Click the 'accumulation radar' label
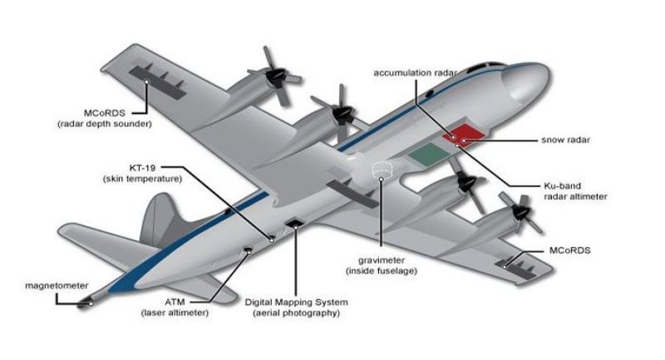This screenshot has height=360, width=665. (x=415, y=72)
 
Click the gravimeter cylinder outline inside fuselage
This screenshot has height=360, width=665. (x=381, y=169)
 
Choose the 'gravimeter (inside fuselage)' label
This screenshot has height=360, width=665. (x=381, y=266)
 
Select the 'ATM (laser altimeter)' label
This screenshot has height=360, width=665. (x=175, y=307)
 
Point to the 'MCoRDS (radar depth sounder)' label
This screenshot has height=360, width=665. (x=103, y=119)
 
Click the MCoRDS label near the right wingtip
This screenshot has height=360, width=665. (x=570, y=251)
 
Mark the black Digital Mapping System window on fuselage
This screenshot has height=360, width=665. (x=296, y=224)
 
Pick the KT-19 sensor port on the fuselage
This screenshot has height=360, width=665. (x=271, y=239)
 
